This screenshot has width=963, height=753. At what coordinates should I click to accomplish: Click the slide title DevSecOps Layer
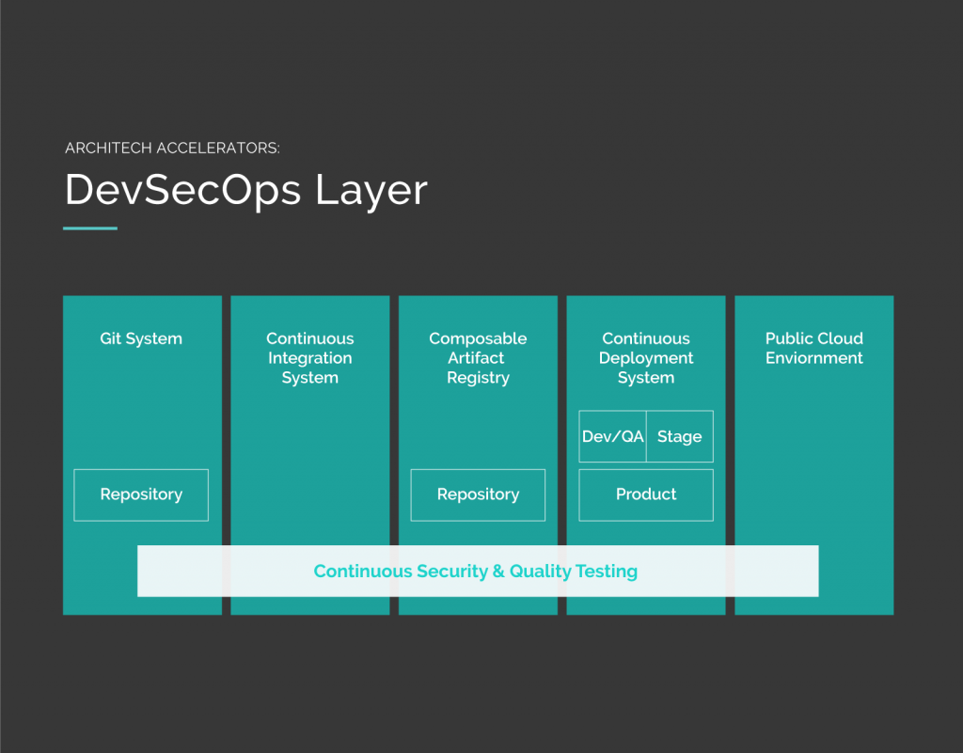(245, 190)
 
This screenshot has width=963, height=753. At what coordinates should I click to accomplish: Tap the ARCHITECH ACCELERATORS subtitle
(172, 148)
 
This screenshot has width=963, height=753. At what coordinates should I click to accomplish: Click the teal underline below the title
(90, 228)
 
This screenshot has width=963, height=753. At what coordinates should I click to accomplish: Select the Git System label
(141, 338)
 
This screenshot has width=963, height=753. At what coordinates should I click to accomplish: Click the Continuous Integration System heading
(310, 358)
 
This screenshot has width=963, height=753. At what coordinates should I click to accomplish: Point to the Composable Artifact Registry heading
(478, 358)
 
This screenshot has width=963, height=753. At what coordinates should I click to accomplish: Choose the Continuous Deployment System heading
(646, 358)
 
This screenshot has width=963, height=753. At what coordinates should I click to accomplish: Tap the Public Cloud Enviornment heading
(814, 348)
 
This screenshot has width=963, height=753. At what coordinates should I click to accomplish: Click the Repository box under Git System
(141, 495)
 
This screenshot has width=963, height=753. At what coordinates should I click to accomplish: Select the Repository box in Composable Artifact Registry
(478, 495)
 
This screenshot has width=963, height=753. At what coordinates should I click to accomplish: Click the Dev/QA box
(613, 436)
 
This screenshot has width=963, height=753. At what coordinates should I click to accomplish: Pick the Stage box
(680, 436)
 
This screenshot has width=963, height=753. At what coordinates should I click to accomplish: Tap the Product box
(646, 495)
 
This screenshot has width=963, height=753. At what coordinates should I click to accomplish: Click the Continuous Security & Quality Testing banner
(478, 571)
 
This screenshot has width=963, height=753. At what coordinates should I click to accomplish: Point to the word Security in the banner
(452, 572)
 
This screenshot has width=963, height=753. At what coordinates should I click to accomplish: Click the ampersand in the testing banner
(498, 572)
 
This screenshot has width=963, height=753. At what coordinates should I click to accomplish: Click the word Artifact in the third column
(476, 358)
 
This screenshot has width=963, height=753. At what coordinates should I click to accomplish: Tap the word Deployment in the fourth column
(646, 358)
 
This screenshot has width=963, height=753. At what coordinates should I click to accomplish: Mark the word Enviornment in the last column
(814, 358)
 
